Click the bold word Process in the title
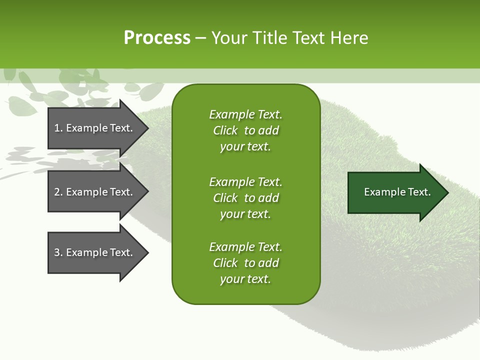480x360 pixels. (157, 38)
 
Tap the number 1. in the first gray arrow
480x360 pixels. (58, 128)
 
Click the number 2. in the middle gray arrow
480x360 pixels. (58, 192)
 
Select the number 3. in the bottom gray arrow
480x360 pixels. (58, 252)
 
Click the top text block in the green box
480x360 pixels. (245, 130)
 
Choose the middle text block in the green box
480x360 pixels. (245, 198)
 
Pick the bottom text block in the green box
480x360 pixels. (245, 263)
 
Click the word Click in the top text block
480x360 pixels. (225, 130)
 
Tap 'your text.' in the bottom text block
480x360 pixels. (245, 279)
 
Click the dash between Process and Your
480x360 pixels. (201, 38)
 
